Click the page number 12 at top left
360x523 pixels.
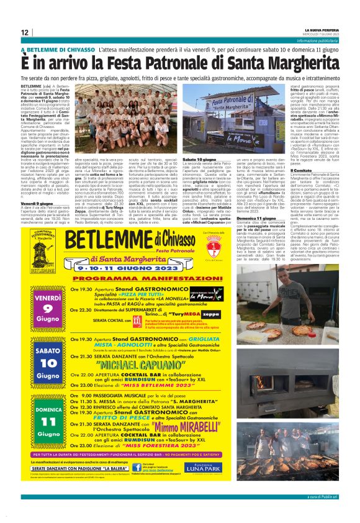click(24, 32)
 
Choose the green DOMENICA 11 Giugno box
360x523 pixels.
click(48, 420)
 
